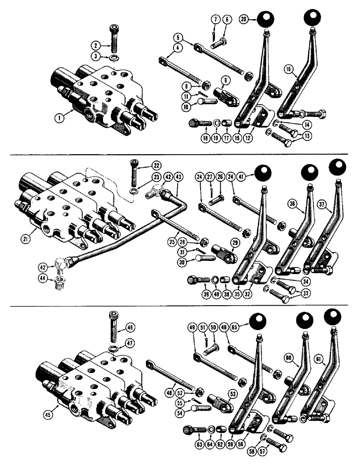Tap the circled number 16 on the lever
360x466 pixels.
click(289, 69)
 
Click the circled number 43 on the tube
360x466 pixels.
click(179, 177)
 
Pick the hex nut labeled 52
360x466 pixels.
click(200, 394)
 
